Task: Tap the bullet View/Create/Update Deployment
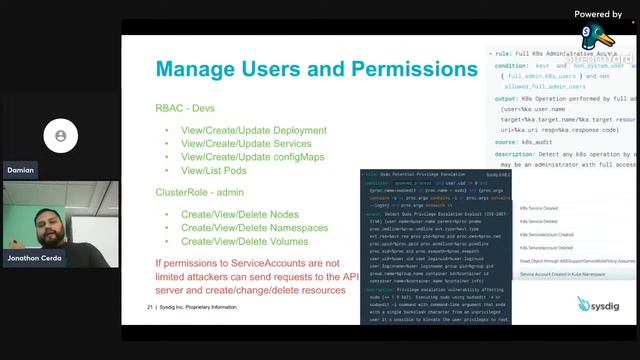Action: click(253, 131)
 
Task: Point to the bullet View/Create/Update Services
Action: click(247, 144)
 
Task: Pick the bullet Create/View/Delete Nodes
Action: click(241, 215)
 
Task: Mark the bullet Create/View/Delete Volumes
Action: click(244, 241)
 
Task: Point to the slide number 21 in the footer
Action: click(149, 307)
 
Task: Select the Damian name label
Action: click(20, 170)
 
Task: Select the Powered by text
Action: click(598, 14)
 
